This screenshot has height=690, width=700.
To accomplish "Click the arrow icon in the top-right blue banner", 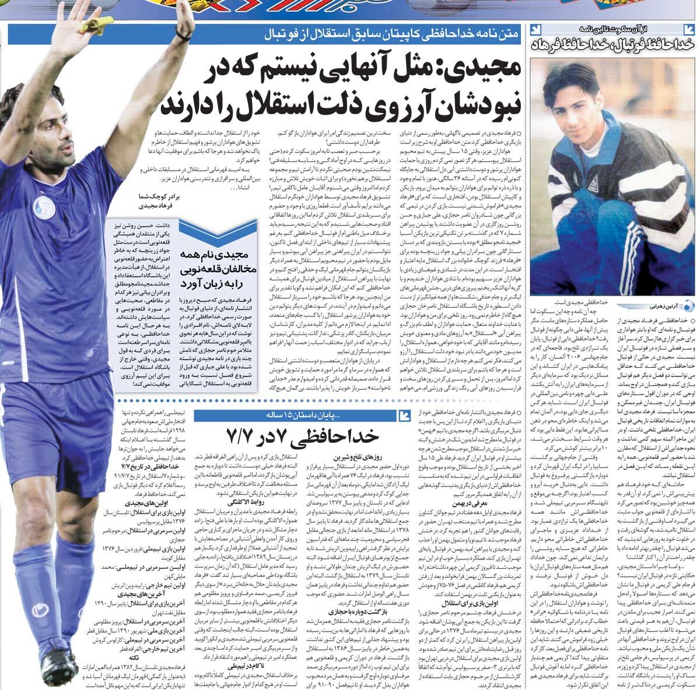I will coord(537,29).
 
